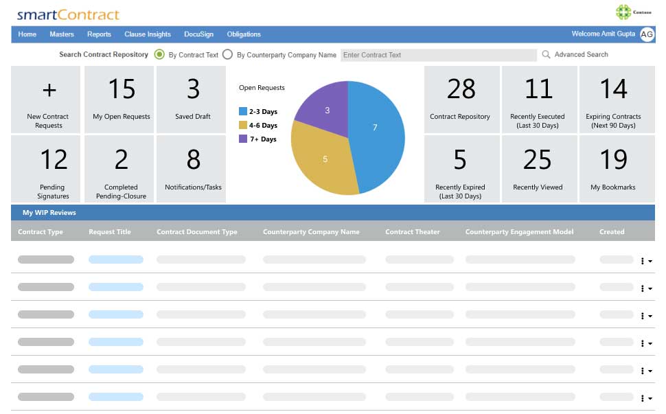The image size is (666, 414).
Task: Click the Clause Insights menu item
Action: pos(148,34)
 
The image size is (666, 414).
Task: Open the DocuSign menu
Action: pos(198,34)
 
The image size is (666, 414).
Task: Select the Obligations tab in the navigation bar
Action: pos(244,34)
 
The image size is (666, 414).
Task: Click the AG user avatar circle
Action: pos(647,34)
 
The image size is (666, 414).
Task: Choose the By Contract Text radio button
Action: pos(160,55)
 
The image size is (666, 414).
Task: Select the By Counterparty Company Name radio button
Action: pos(228,55)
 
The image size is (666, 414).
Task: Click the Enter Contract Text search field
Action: pos(438,55)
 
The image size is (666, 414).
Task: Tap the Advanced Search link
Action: pos(581,55)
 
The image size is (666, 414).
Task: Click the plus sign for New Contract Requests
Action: pos(49,90)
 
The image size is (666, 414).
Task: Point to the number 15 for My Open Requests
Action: pos(122,89)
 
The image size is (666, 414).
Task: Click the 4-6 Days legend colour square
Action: pos(243,126)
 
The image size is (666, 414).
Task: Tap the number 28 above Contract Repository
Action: pos(461,89)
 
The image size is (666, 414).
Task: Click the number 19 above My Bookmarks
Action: pos(613,160)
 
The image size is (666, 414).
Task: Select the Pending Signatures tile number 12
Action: pos(53,160)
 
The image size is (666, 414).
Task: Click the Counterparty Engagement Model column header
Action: pos(519,232)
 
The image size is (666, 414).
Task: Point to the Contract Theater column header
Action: pos(413,232)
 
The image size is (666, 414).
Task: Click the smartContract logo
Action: pos(68,14)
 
